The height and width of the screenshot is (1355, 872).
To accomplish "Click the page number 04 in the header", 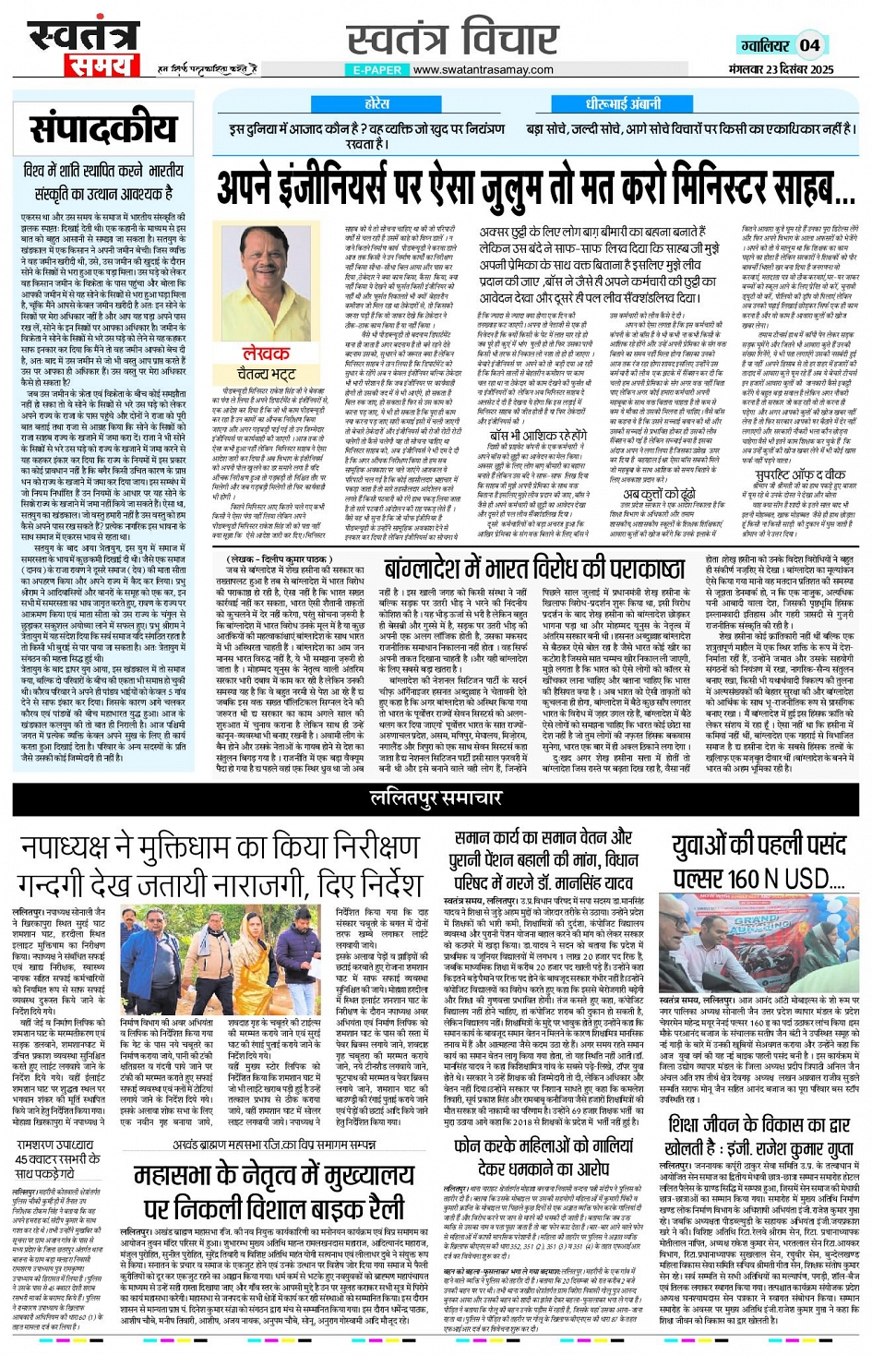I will tap(809, 44).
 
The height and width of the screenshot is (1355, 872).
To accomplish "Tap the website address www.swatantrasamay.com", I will tap(483, 70).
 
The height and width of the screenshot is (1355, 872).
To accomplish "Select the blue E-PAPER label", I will tap(377, 70).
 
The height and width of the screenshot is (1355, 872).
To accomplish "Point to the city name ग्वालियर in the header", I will tap(765, 45).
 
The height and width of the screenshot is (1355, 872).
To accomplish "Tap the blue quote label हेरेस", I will tap(376, 104).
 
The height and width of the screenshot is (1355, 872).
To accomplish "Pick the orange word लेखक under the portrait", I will tap(266, 354).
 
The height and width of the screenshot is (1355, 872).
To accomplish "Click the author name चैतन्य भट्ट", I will tap(266, 374).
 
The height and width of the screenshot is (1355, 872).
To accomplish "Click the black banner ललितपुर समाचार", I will tap(436, 797).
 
